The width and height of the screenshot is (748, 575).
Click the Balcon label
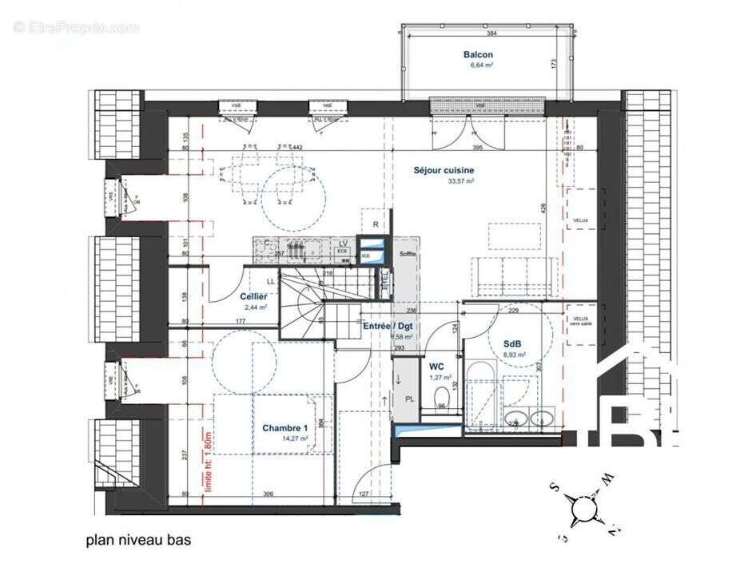point(478,55)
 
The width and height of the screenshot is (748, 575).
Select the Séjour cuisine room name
point(444,170)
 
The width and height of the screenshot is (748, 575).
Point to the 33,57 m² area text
point(461,181)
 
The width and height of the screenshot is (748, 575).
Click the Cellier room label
point(254,296)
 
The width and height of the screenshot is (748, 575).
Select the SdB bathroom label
point(514,345)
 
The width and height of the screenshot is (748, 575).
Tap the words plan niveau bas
point(138,540)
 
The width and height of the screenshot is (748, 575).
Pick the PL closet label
point(410,399)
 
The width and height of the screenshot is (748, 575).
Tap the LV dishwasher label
point(343,244)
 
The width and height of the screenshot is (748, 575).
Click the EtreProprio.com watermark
point(76,27)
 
